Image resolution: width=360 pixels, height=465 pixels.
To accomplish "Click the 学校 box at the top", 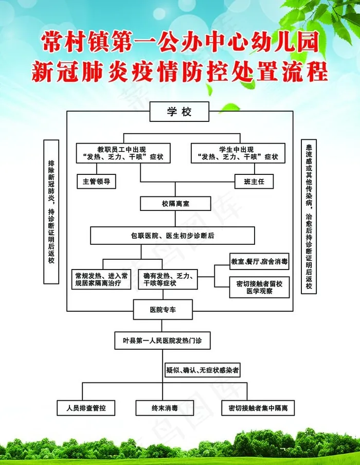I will tap(179, 112).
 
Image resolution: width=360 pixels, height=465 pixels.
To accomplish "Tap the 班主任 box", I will tap(254, 182).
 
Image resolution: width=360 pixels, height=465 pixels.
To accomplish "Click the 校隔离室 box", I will tap(175, 204).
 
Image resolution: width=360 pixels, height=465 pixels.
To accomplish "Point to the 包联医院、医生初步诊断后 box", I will tap(172, 236).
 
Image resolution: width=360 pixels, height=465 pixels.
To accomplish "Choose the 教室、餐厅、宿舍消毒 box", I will tap(259, 262).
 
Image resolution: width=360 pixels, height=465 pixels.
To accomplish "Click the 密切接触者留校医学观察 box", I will tap(259, 287).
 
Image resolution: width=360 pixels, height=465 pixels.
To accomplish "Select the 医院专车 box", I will tap(163, 310).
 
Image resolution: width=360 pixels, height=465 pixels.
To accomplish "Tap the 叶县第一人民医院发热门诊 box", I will tap(162, 341).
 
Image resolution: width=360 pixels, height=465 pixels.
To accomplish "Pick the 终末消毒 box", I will tap(165, 408).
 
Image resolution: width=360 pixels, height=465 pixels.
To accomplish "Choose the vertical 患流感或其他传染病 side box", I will tap(308, 216).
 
